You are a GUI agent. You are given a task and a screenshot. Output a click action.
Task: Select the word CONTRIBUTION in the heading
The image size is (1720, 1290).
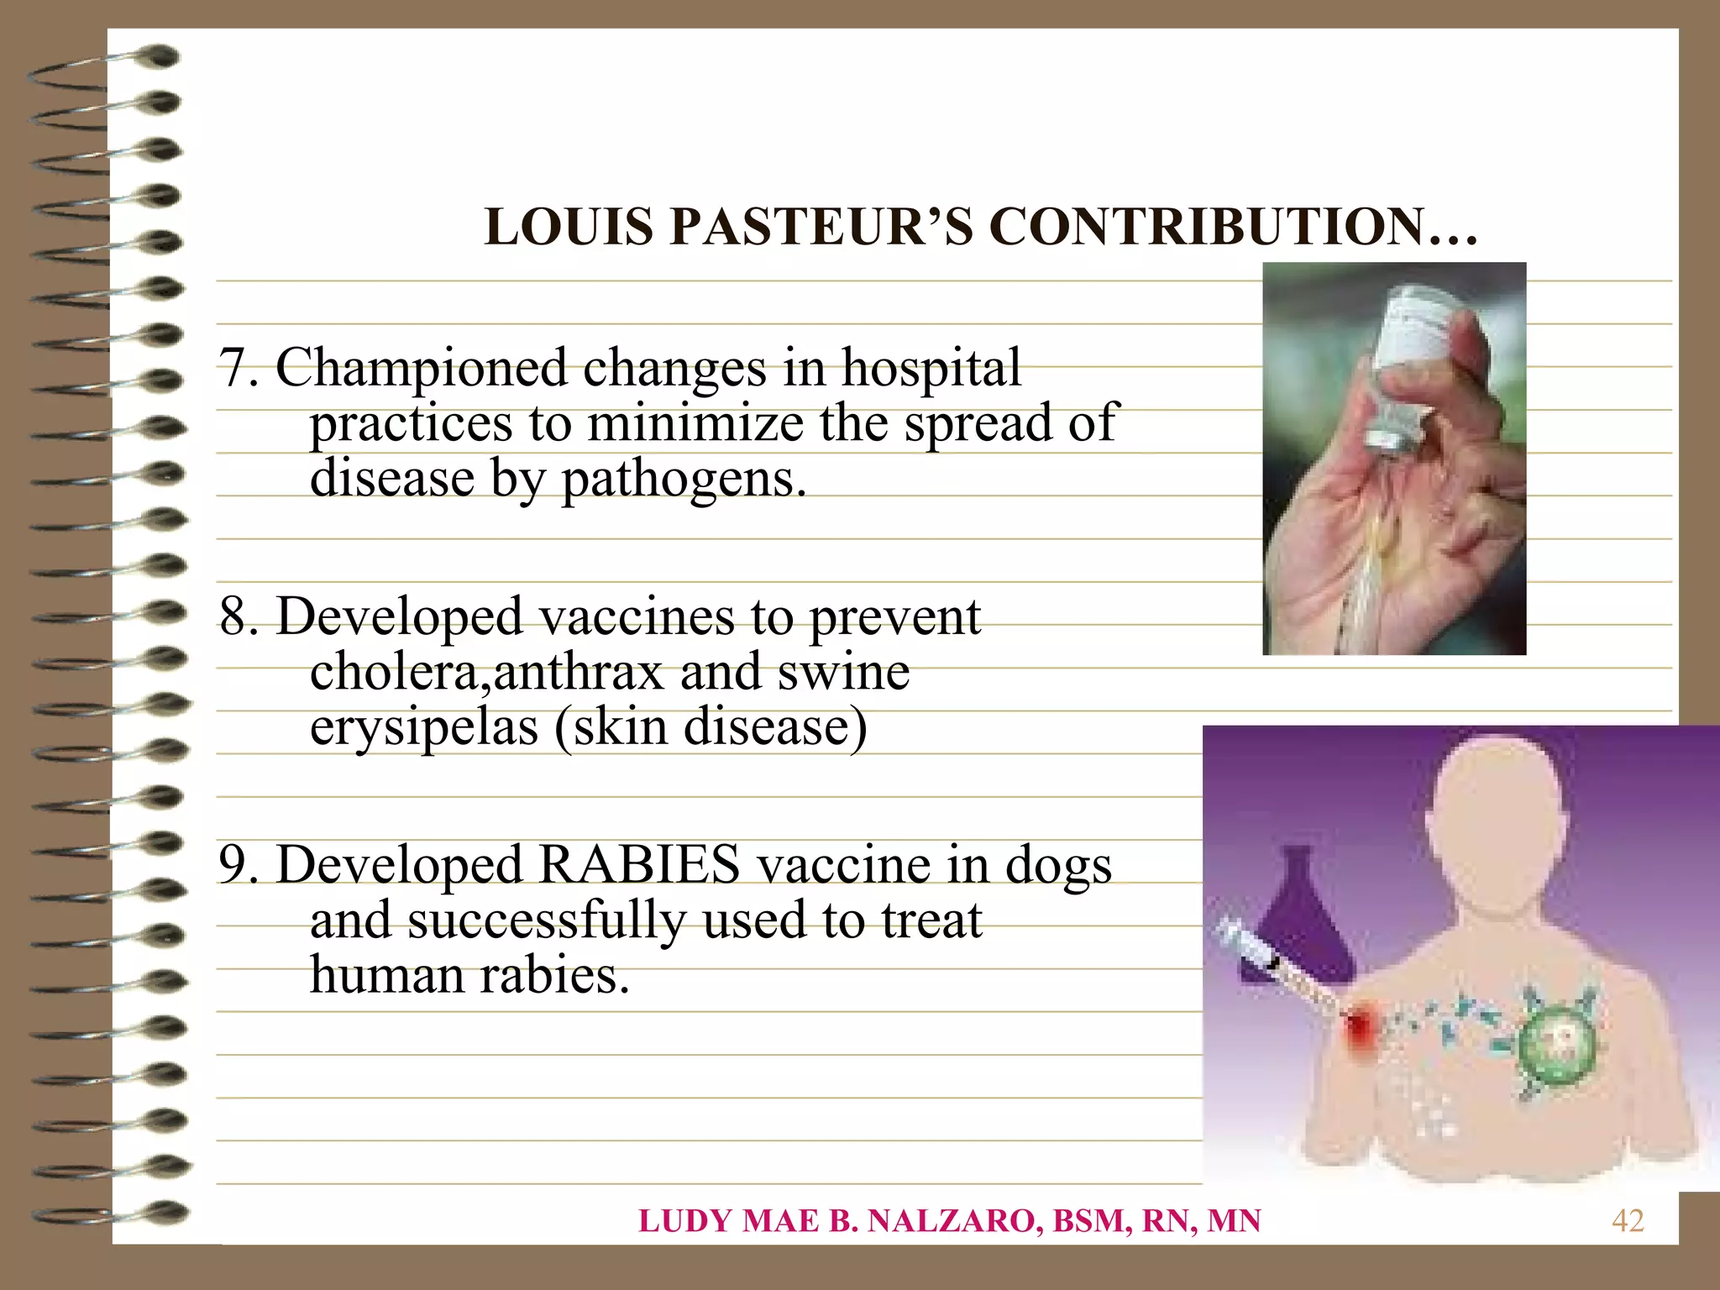pos(1204,228)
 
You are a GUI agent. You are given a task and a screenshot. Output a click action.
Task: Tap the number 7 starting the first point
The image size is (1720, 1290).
pos(231,369)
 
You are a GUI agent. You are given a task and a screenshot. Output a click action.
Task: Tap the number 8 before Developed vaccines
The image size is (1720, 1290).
pos(232,617)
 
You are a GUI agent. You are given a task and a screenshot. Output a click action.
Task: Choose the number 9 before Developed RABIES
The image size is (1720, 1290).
pos(232,866)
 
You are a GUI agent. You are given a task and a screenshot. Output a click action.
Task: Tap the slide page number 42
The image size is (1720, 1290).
pos(1627,1221)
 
